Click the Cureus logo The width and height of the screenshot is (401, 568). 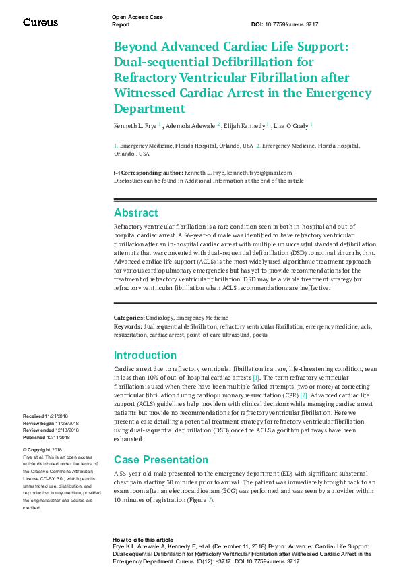40,22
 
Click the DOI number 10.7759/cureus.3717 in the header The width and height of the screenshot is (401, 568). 295,24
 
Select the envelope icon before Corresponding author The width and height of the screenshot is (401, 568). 117,173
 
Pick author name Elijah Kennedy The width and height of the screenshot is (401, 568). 245,125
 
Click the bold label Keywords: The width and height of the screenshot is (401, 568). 127,326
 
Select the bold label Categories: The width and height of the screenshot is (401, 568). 129,318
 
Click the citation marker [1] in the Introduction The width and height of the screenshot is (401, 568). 255,378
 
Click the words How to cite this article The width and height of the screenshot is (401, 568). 143,540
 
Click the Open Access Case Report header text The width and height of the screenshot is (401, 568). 137,20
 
